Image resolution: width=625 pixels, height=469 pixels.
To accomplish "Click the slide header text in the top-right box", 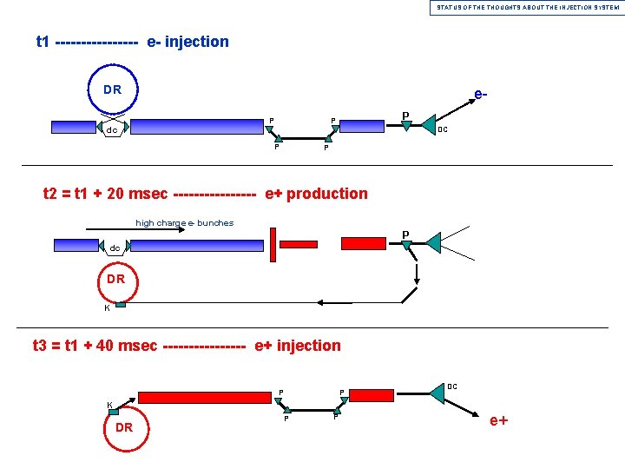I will point(528,7).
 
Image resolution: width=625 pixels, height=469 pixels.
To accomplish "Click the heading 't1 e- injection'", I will point(132,42).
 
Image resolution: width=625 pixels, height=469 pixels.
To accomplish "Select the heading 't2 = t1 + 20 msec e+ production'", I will point(206,194).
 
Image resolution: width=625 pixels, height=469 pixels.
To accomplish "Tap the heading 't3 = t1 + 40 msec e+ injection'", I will point(187,346).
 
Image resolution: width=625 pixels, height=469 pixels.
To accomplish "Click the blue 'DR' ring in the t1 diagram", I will point(113,89).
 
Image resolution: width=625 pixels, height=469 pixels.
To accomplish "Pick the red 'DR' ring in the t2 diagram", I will point(115,279).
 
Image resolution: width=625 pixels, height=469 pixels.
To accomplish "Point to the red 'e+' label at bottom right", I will point(499,422).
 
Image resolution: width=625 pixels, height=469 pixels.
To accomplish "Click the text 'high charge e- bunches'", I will point(184,223).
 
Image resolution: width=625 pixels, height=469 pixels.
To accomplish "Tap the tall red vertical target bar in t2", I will point(273,244).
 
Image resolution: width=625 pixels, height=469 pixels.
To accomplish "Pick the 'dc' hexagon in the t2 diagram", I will point(115,248).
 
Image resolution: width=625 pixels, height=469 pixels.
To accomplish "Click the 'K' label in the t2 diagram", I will point(107,307).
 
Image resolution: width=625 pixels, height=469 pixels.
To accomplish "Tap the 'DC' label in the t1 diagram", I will point(443,130).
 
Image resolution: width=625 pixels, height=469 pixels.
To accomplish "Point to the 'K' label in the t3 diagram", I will point(109,405).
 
